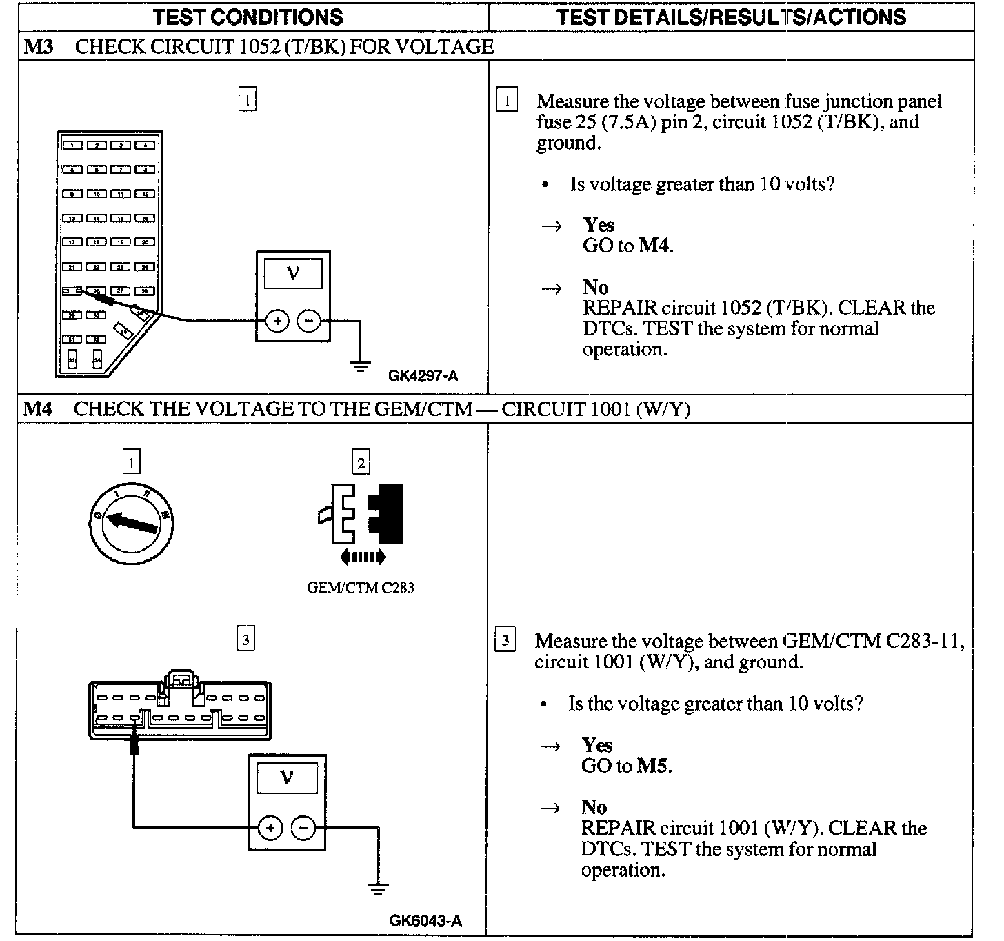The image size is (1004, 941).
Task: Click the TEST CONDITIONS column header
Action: (248, 17)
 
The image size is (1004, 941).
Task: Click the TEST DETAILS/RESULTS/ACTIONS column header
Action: (731, 17)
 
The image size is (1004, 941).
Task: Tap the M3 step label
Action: (38, 47)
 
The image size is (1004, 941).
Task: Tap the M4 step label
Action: (38, 409)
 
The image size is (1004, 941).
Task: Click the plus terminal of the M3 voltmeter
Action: (277, 321)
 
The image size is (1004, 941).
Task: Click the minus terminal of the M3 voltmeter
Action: (309, 321)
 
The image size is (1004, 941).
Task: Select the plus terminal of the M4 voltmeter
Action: (270, 828)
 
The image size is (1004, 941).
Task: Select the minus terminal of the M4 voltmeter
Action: (303, 828)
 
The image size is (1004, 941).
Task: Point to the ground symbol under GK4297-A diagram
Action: (360, 366)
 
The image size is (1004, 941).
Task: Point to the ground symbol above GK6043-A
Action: (378, 889)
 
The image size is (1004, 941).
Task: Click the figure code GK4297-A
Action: (423, 376)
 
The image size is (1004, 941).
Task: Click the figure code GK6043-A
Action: (425, 920)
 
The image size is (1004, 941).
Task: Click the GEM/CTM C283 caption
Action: (361, 588)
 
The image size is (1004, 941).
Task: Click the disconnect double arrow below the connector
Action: (363, 557)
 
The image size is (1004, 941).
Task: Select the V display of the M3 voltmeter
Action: (293, 275)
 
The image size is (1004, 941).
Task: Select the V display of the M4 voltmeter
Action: (287, 779)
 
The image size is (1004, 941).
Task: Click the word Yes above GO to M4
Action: (599, 225)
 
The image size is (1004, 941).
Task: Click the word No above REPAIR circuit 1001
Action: (594, 807)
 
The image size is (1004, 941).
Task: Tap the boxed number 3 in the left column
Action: (245, 639)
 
